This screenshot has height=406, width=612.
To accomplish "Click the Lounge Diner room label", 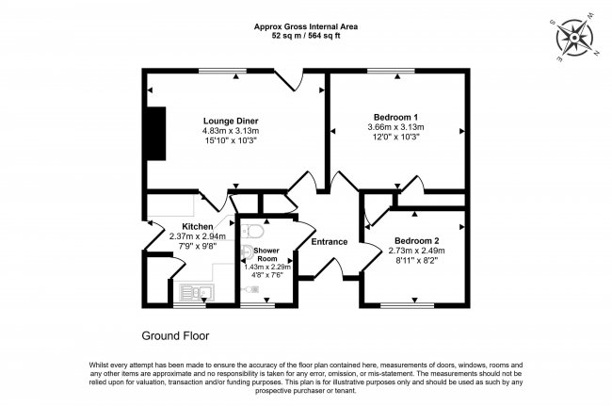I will coord(231,121).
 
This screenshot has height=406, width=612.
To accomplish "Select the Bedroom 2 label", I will coord(415,240).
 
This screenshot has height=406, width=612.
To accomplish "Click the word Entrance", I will coord(330,242).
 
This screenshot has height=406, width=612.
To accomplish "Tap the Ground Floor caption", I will coord(175,335).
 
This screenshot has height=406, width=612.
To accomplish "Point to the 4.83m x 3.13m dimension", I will coord(231,130).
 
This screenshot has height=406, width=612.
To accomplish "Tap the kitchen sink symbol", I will coord(195,293).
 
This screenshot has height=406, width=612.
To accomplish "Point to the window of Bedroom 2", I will coord(407,305).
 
